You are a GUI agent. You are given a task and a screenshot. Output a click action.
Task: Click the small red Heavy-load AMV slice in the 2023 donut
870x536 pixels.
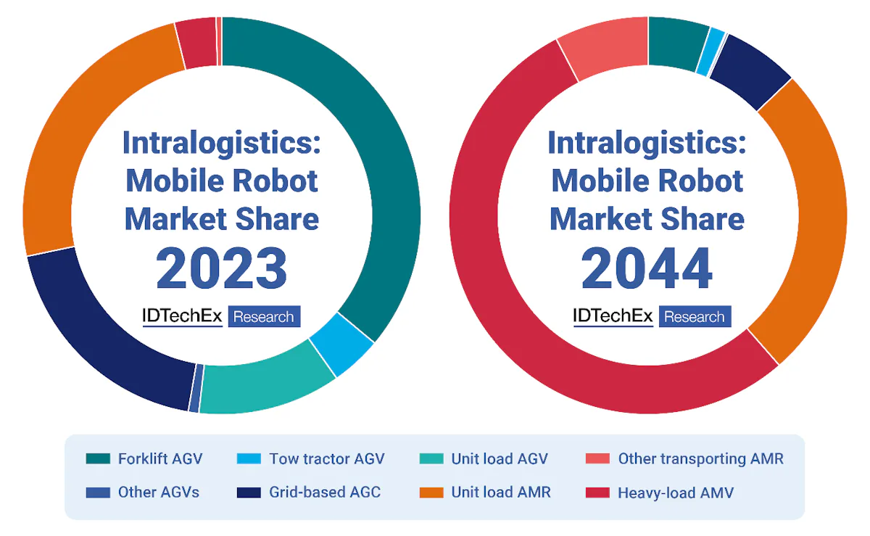point(196,43)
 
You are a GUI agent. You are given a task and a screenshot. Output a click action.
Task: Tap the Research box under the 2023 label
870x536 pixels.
point(264,317)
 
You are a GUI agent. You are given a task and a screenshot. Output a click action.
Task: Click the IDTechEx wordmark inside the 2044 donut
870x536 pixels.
point(613,316)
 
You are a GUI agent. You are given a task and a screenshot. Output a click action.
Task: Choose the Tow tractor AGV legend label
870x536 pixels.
point(326,458)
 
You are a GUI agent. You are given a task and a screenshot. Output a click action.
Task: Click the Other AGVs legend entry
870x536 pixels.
point(158,492)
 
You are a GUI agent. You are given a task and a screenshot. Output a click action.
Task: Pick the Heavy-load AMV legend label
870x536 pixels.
point(676,492)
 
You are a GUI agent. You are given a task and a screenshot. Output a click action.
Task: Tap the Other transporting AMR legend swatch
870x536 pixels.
point(597,458)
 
